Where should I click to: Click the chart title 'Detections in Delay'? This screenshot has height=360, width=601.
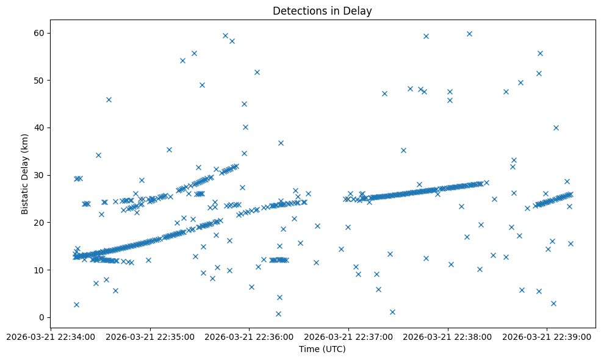click(x=322, y=11)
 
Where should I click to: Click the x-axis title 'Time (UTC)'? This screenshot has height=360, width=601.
click(x=322, y=349)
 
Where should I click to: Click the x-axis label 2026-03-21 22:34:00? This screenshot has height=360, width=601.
click(x=51, y=336)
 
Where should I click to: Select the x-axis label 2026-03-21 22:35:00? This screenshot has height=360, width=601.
click(x=150, y=336)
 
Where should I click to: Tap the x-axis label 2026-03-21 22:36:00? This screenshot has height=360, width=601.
click(x=249, y=336)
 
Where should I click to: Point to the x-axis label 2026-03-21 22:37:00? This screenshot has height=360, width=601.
click(x=348, y=336)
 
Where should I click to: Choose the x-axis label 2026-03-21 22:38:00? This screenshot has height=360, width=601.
click(x=448, y=336)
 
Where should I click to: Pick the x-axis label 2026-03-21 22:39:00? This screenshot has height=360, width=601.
click(x=547, y=336)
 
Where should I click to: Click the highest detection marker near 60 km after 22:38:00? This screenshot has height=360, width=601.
click(x=469, y=34)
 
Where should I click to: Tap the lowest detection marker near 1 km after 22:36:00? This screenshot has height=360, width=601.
click(x=278, y=314)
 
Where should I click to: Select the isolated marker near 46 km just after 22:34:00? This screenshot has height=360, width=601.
click(x=109, y=99)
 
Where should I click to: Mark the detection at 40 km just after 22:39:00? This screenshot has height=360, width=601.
click(x=556, y=128)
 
